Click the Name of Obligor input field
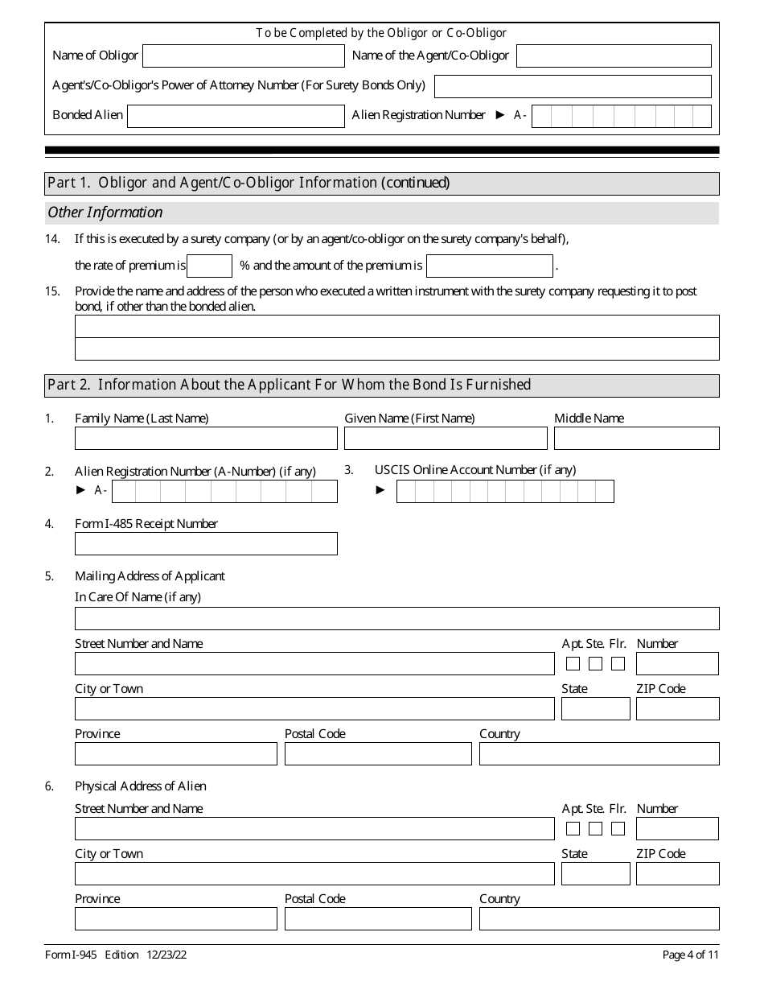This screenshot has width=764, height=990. (243, 56)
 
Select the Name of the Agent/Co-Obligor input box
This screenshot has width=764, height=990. (614, 56)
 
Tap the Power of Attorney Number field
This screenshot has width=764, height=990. (573, 86)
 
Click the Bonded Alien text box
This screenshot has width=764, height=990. (236, 116)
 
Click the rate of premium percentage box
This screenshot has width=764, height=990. (209, 266)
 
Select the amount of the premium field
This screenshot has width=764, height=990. (489, 266)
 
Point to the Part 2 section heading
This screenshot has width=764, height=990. (290, 385)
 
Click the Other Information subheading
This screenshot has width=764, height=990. (105, 212)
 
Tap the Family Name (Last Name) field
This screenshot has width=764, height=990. (206, 439)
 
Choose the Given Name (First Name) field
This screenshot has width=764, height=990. (446, 439)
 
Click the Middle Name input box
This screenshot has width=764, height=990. (636, 439)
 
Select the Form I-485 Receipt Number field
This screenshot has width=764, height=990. (206, 544)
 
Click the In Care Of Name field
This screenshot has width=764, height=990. (396, 619)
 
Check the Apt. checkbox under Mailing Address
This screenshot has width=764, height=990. (573, 664)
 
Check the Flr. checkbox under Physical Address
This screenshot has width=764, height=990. (618, 828)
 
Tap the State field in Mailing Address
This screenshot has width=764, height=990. (595, 709)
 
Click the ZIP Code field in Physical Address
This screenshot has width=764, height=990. (677, 874)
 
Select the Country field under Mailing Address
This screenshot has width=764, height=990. (599, 754)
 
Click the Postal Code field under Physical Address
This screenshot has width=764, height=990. (378, 919)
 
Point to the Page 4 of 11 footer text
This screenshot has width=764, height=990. (690, 955)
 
